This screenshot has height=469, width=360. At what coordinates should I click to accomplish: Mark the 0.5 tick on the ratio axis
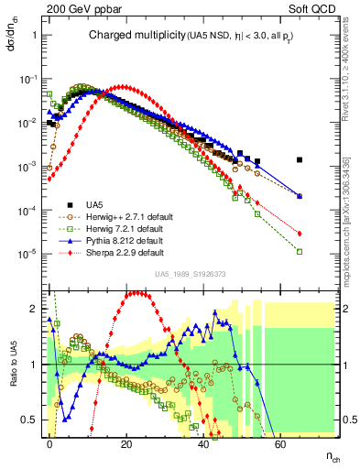31,420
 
